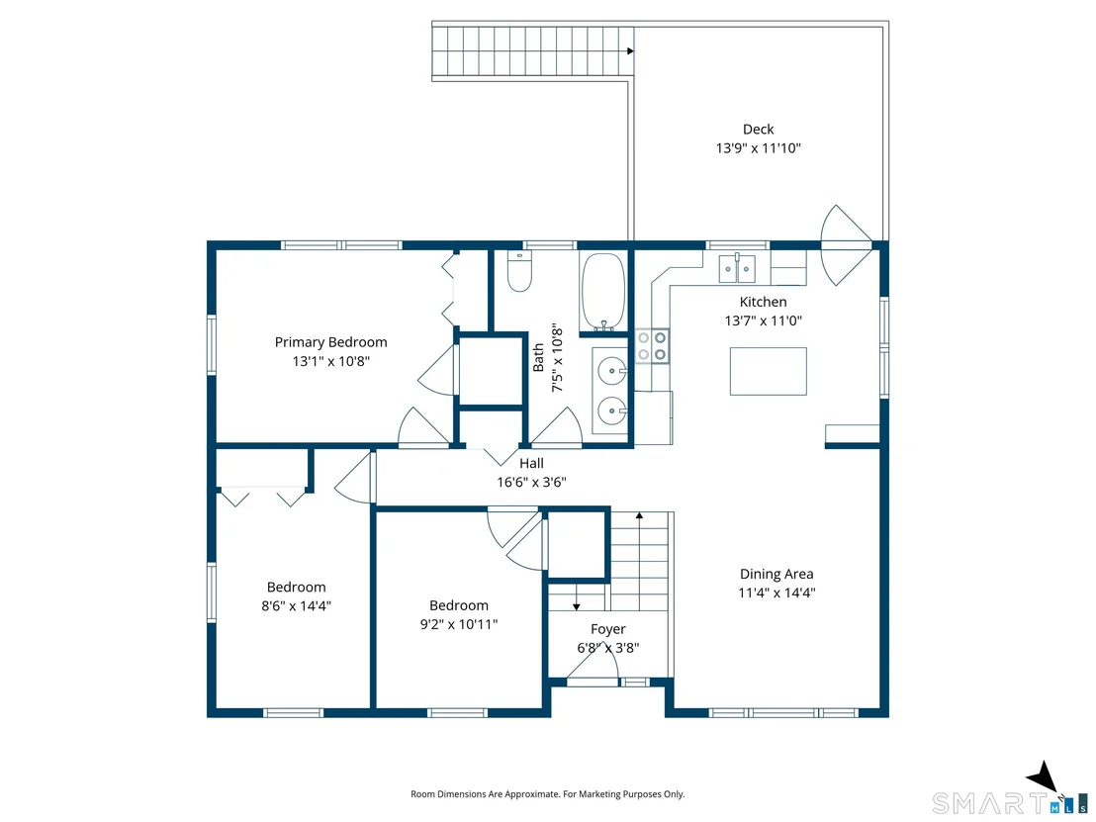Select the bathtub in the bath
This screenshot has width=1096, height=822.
(602, 291)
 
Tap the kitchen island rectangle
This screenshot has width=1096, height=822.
(769, 371)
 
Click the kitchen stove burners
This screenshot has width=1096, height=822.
(652, 346)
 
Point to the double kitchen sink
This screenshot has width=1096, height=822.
(737, 268)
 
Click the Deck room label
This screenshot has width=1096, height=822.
(759, 130)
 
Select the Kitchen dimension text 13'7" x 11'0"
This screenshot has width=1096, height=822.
(764, 320)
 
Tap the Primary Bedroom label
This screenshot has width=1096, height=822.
(330, 342)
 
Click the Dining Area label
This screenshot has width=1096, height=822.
(776, 574)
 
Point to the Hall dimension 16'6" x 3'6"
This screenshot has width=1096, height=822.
(531, 483)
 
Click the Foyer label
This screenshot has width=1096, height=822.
(608, 629)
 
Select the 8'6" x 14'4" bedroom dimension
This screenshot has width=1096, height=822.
(297, 606)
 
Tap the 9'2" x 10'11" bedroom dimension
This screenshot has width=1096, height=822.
(459, 624)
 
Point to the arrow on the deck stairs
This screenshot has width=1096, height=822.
(630, 51)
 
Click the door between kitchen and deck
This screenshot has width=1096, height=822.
(847, 244)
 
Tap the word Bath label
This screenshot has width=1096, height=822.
(538, 357)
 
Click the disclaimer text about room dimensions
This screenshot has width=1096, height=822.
(547, 794)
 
